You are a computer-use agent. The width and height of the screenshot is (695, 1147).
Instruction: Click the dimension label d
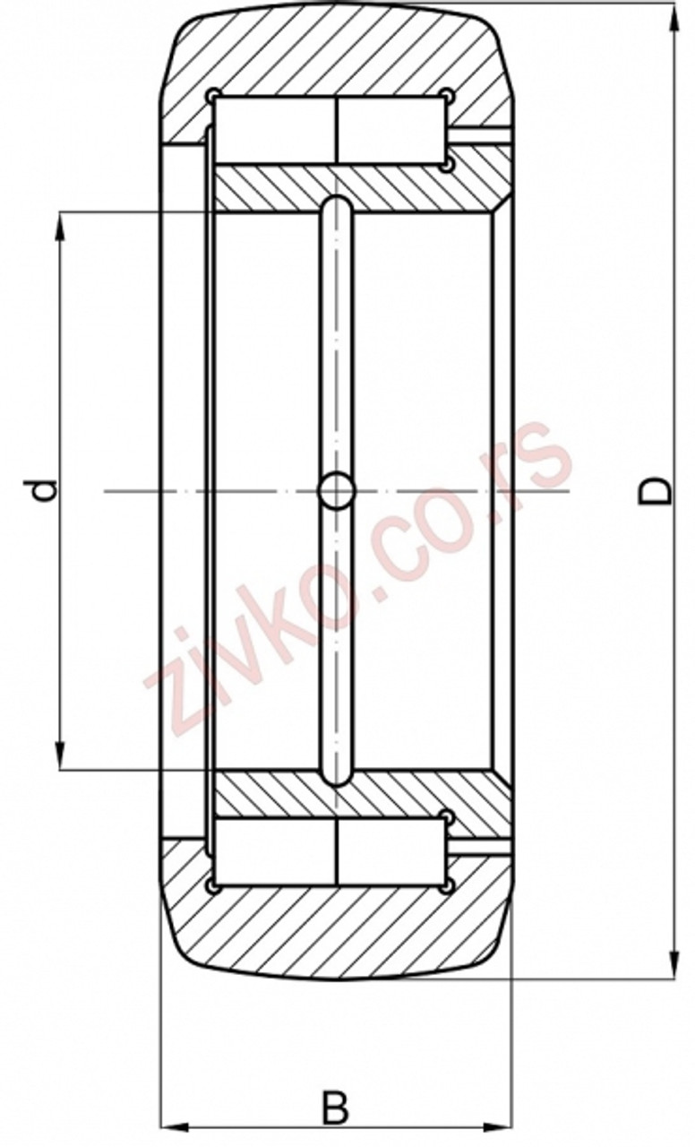click(45, 490)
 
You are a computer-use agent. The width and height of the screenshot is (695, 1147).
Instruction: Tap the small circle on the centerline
click(338, 490)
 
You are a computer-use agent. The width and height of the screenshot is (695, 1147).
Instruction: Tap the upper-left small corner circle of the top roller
click(212, 95)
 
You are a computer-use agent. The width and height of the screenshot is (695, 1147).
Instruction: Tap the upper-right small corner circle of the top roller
click(447, 95)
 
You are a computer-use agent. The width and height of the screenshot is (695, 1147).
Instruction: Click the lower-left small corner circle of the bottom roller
click(212, 886)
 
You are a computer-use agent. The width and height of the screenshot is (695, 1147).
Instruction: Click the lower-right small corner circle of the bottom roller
click(447, 886)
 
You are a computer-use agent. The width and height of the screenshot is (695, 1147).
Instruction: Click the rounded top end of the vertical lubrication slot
click(338, 206)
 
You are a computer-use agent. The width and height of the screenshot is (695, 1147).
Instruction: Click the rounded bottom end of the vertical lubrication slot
click(338, 776)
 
